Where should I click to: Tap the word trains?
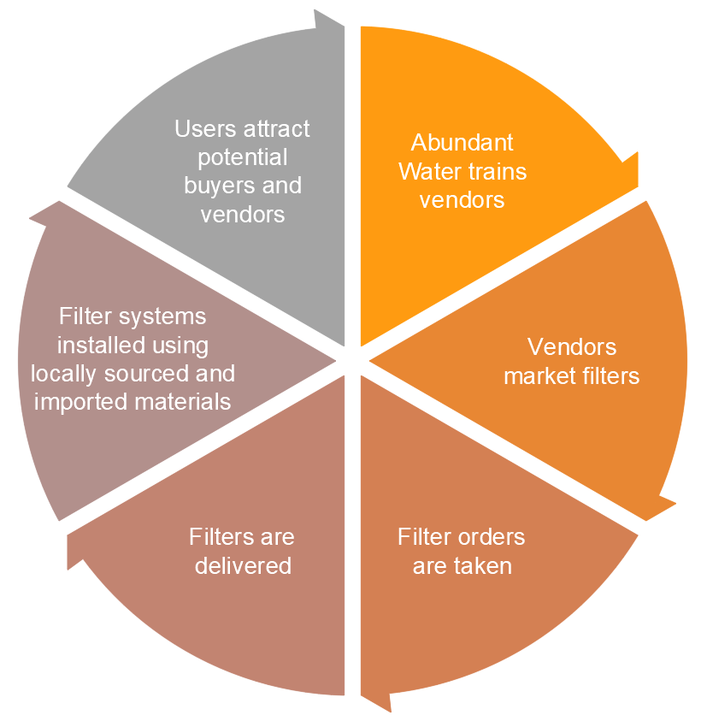tap(496, 171)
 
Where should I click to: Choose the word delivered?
tap(243, 565)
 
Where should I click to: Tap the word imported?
tap(81, 401)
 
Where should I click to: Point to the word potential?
tap(242, 157)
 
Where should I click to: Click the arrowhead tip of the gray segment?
tap(342, 24)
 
